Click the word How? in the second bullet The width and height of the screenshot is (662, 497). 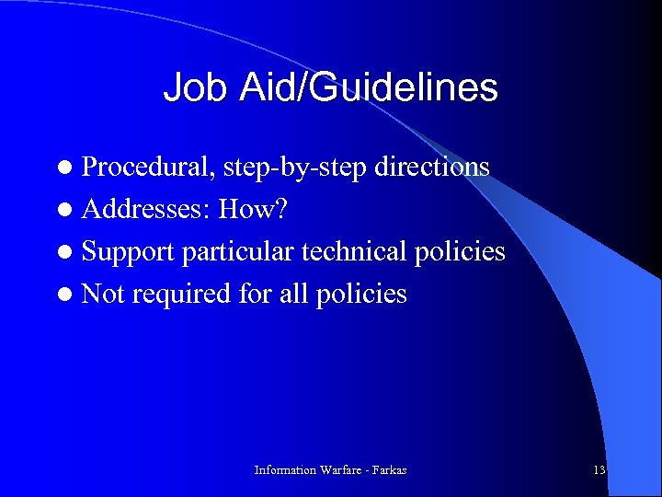point(253,210)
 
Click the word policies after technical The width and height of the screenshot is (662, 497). point(462,251)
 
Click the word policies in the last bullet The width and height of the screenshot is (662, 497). point(363,294)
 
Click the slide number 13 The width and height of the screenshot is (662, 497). point(599,470)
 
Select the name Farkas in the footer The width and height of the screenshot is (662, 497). point(386,470)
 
